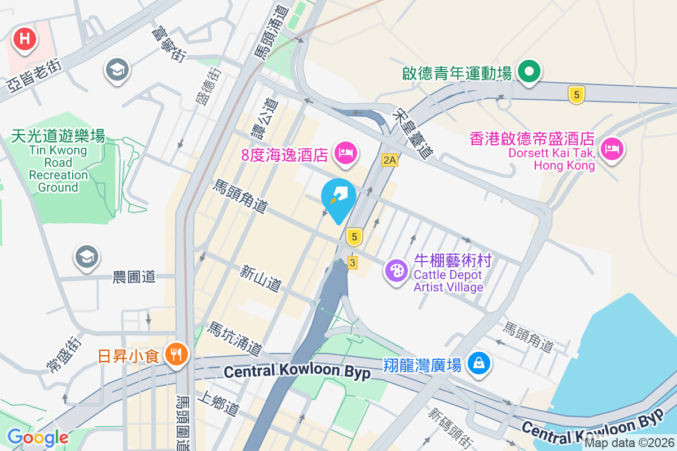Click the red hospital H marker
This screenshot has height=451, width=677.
pos(25,39)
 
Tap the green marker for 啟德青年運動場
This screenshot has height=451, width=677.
pos(530,72)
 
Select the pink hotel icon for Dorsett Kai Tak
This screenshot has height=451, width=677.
pos(611,149)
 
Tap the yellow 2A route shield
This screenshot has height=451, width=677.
pos(389,160)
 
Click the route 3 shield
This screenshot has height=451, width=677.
pos(353,263)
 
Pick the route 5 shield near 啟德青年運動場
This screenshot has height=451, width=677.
pos(575,95)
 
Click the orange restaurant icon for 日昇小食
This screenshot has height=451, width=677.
pos(176,354)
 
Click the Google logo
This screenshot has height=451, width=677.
pos(38,437)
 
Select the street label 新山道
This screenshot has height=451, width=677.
pos(260,278)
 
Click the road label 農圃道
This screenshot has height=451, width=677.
pos(134,276)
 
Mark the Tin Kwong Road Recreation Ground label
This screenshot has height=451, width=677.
pos(58,161)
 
